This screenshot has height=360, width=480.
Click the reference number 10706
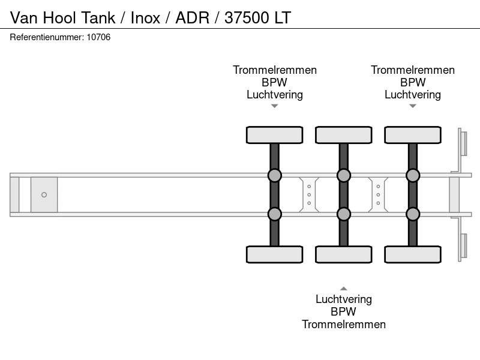click(98, 37)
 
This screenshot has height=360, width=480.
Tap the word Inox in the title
click(145, 18)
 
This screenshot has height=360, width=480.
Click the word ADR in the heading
click(192, 18)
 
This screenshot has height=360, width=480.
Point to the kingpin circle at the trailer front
click(44, 194)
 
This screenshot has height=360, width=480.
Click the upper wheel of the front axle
click(275, 135)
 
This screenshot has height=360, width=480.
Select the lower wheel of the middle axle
click(344, 254)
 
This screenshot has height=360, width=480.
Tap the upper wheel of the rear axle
click(413, 135)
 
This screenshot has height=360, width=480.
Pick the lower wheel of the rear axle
click(413, 254)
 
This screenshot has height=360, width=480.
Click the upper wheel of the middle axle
click(344, 135)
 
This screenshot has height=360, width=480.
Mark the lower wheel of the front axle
click(275, 254)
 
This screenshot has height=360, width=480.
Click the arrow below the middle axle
click(344, 289)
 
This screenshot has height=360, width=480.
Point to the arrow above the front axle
click(275, 106)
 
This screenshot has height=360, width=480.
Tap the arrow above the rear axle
click(413, 106)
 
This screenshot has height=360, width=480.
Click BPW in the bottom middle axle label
click(343, 311)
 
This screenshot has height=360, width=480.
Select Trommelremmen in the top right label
click(413, 70)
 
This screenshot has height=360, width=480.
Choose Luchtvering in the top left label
click(275, 95)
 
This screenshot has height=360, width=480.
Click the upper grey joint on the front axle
click(275, 176)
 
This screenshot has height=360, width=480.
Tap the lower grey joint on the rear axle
click(413, 214)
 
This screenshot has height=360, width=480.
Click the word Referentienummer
click(47, 37)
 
